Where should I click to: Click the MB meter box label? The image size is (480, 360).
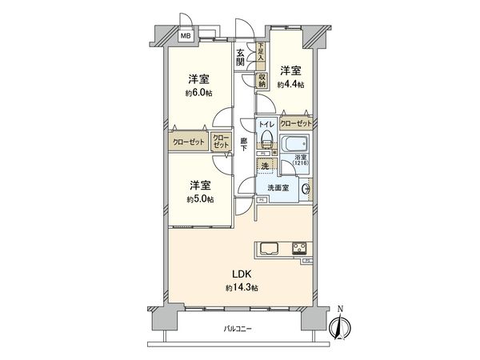point(185,36)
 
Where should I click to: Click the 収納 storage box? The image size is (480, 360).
point(262,80)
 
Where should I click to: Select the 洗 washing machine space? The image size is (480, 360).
point(265,166)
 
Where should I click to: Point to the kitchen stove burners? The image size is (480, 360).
point(300,246)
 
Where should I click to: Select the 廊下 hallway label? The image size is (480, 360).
point(245,146)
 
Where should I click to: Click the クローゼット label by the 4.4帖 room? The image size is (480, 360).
point(296,123)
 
